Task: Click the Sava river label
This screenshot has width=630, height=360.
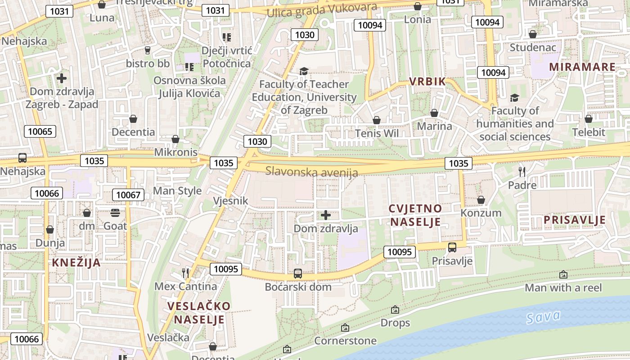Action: (544, 317)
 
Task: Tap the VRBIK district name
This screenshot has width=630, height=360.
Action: (427, 81)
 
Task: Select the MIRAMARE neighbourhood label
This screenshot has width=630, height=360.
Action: (582, 67)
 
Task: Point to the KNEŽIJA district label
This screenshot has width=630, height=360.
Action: (76, 263)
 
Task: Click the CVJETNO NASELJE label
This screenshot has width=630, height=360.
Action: (415, 215)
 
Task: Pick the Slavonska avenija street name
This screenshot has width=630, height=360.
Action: (311, 171)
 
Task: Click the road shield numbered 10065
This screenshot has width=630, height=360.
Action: (40, 132)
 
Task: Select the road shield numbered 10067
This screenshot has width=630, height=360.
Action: (128, 195)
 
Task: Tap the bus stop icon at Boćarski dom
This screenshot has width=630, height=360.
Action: (297, 273)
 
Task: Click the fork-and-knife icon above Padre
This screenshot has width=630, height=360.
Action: (522, 171)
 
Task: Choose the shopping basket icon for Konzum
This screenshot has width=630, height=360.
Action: (481, 200)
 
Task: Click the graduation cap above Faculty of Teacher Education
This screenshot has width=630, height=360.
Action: (304, 71)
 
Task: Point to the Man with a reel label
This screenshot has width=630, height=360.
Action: (563, 288)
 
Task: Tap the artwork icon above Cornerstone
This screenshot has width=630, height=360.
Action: (345, 328)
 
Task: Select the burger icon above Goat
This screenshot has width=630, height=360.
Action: (115, 212)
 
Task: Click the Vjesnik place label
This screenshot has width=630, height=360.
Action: (230, 201)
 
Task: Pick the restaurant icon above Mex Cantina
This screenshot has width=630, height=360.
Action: (185, 272)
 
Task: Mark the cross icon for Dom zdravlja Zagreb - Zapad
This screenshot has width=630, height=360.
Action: (62, 78)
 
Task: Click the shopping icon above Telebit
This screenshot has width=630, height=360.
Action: (588, 119)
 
